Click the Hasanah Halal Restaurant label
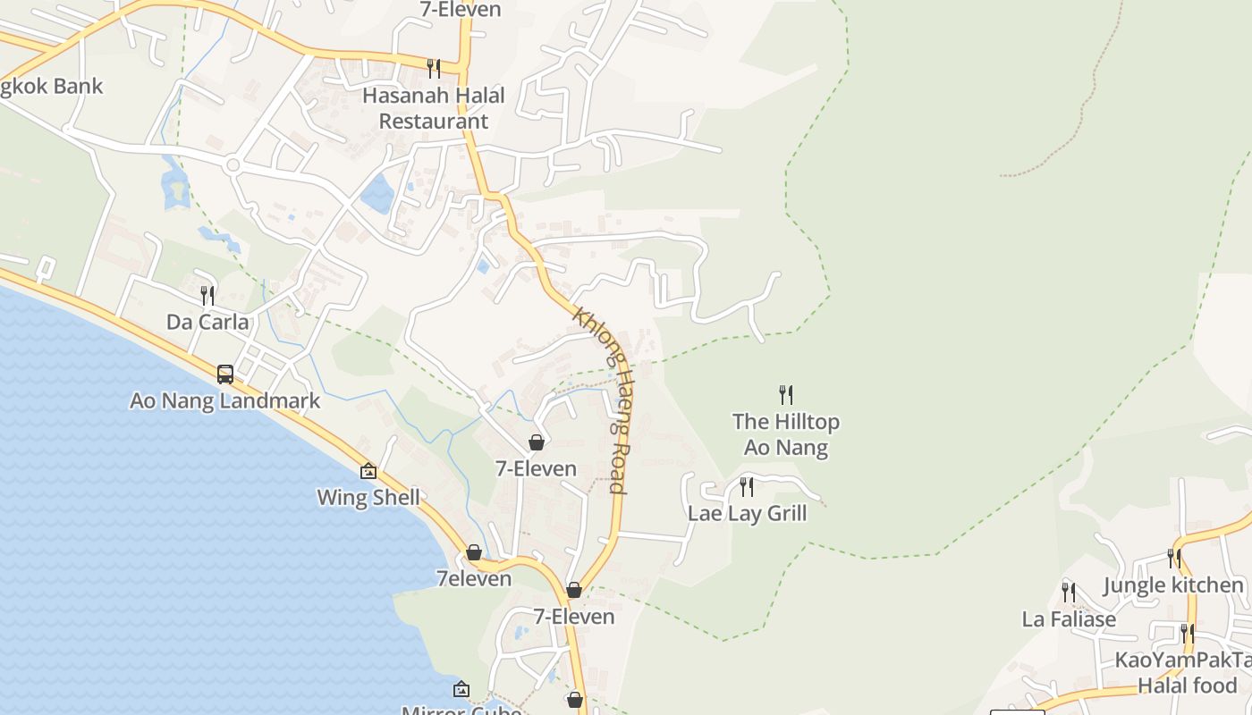pos(434,108)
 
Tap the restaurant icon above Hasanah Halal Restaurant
pos(434,68)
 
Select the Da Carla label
pos(207,322)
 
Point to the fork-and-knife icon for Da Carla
pos(207,295)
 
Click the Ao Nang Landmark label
pos(224,400)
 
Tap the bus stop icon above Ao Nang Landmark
pos(225,374)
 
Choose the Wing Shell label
pos(368,497)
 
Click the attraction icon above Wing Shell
pos(368,471)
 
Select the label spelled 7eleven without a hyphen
pos(474,578)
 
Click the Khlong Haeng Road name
pos(600,400)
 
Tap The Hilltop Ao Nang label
pos(786,434)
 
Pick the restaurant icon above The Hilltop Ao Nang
pos(785,394)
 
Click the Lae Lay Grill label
pos(747,513)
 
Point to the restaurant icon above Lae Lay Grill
pos(746,487)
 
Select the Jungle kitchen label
pos(1172,585)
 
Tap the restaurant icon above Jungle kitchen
pos(1173,559)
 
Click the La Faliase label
pos(1069,618)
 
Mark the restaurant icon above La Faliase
pos(1068,592)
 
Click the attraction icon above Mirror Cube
pos(461,689)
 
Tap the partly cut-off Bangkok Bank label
pos(52,87)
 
